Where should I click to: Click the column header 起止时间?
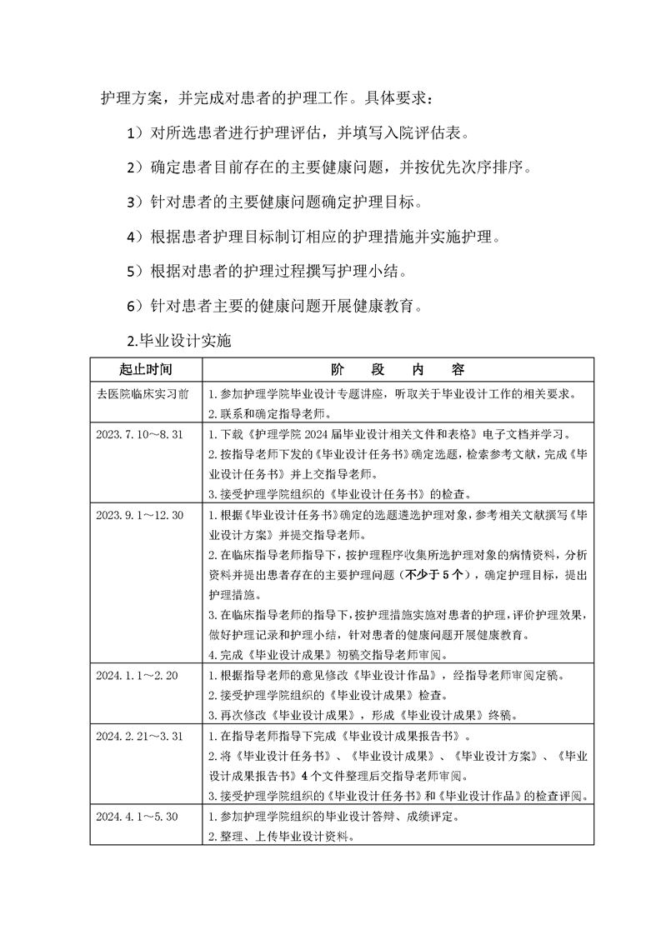pyautogui.click(x=146, y=368)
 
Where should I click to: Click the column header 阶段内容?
pyautogui.click(x=398, y=368)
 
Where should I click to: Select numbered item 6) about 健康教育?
pyautogui.click(x=277, y=306)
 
